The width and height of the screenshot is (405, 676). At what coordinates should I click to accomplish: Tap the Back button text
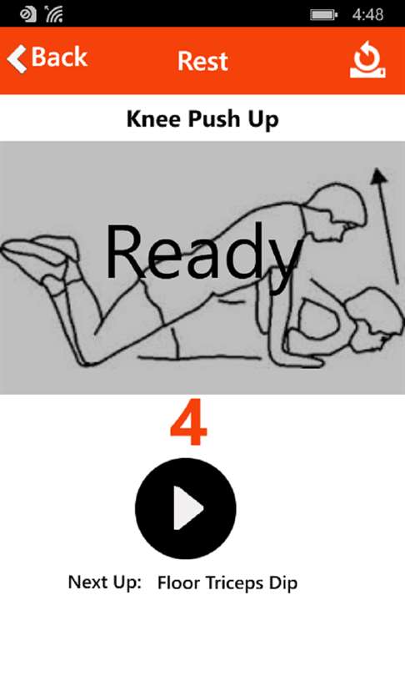(59, 57)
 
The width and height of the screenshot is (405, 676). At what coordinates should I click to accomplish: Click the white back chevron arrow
(17, 58)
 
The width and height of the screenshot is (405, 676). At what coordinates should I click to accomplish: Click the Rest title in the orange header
(202, 61)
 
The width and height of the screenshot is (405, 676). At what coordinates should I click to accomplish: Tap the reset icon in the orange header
(368, 59)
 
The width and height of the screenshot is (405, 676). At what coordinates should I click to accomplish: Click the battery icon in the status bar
(324, 15)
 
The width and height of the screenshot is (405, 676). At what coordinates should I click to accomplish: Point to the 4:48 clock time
(368, 15)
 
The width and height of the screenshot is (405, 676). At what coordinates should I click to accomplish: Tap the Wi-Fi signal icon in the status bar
(53, 14)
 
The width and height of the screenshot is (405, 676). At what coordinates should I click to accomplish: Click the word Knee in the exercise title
(153, 119)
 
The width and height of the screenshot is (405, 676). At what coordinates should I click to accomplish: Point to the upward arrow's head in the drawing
(379, 175)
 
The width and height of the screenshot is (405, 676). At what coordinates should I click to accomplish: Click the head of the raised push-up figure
(340, 211)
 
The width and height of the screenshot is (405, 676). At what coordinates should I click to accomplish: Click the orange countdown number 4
(189, 422)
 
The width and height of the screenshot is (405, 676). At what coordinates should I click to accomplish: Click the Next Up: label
(105, 583)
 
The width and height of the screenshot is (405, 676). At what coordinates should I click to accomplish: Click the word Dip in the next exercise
(283, 583)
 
